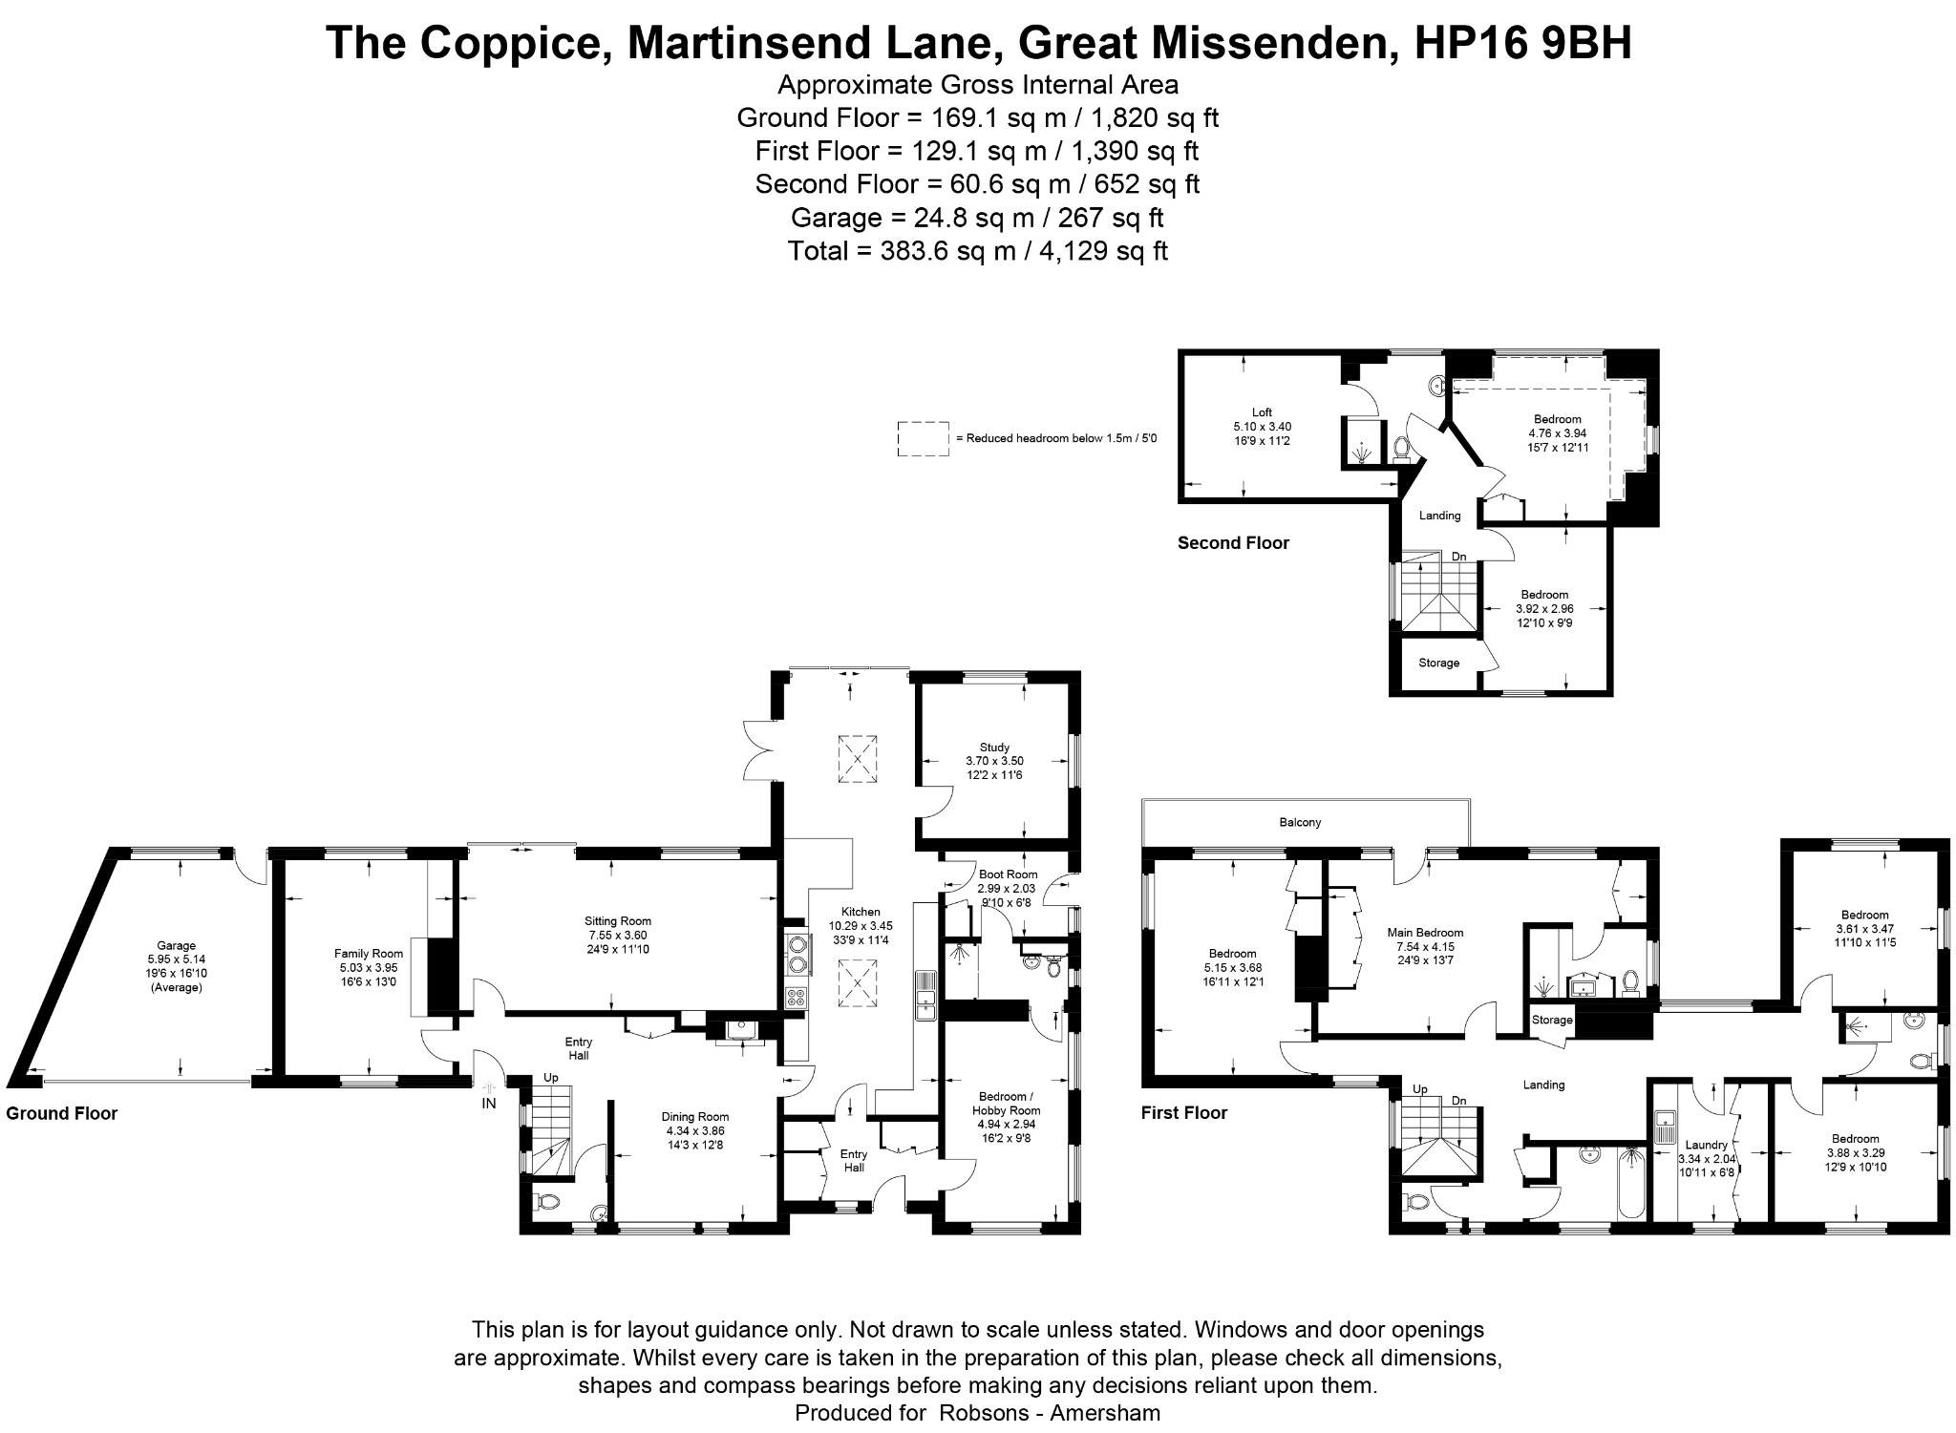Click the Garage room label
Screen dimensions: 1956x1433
pyautogui.click(x=177, y=946)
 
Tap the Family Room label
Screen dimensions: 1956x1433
pyautogui.click(x=369, y=953)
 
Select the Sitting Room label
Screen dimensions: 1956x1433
pyautogui.click(x=618, y=921)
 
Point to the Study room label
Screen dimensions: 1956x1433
pyautogui.click(x=994, y=748)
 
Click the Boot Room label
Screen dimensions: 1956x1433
pyautogui.click(x=1009, y=875)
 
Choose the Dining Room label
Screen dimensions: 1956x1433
pyautogui.click(x=695, y=1117)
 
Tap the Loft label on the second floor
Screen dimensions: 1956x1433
pyautogui.click(x=1262, y=412)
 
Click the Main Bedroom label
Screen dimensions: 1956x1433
pyautogui.click(x=1425, y=933)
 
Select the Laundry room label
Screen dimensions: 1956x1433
pyautogui.click(x=1707, y=1146)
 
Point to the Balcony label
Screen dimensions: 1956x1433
pyautogui.click(x=1300, y=822)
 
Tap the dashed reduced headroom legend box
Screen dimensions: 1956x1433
pyautogui.click(x=923, y=438)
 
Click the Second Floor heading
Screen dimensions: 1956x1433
pyautogui.click(x=1233, y=543)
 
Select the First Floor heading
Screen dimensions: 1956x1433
pyautogui.click(x=1184, y=1112)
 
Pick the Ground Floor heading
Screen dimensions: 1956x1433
pyautogui.click(x=62, y=1113)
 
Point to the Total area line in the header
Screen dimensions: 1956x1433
pyautogui.click(x=978, y=251)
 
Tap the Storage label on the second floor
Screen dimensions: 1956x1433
pyautogui.click(x=1438, y=663)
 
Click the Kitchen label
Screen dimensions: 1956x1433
pyautogui.click(x=861, y=912)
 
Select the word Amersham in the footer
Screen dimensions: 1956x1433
pyautogui.click(x=1105, y=1413)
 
